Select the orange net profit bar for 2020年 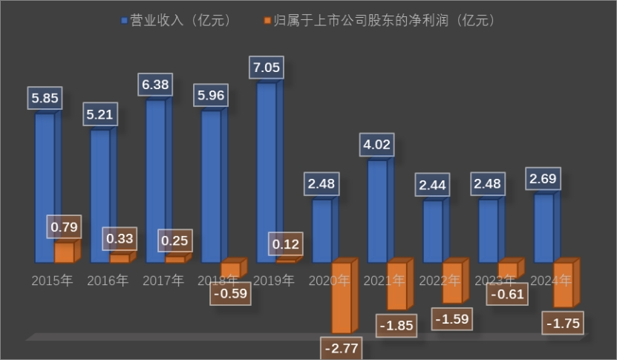coord(342,297)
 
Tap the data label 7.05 coord(267,69)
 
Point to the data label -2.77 coord(342,347)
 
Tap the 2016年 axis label coord(108,281)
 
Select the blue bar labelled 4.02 coord(377,212)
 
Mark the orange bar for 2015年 coord(65,252)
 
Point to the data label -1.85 coord(396,325)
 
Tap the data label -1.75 coord(564,324)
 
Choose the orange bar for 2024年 coord(564,284)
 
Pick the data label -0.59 coord(230,293)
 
